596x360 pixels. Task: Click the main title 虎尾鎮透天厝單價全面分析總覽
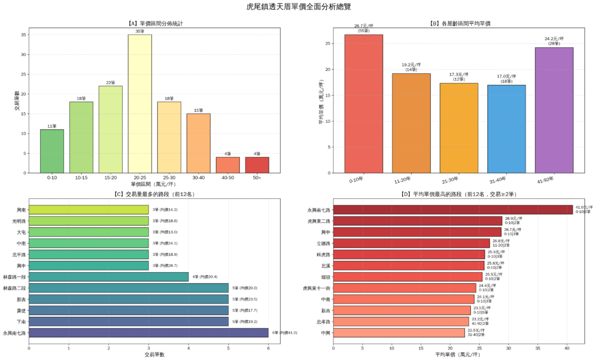(x=298, y=7)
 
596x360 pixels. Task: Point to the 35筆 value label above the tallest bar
(x=140, y=31)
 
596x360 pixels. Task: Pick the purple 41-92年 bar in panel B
(x=554, y=110)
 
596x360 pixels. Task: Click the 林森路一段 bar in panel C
(x=108, y=277)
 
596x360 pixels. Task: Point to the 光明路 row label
(x=17, y=221)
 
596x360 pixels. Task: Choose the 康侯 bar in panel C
(x=128, y=311)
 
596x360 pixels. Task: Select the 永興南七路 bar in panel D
(x=453, y=210)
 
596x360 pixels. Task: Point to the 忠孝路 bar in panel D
(x=400, y=321)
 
